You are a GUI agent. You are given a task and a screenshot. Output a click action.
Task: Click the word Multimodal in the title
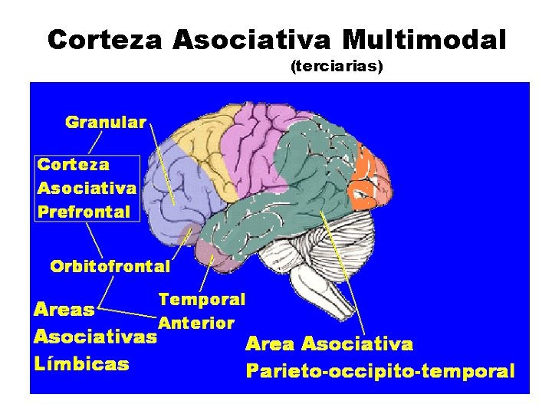pos(424,39)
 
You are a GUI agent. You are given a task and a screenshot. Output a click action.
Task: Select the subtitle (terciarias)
pos(337,67)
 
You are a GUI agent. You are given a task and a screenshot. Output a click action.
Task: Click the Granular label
pos(106,122)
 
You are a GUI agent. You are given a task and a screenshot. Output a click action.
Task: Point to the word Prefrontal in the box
pos(84,212)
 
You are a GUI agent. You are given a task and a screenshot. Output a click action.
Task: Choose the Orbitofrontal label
pos(110,266)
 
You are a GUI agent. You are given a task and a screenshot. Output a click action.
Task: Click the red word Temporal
pos(202,299)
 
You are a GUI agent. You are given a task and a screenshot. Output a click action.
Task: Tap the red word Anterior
pos(196,323)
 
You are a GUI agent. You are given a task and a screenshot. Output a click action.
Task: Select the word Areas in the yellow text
pos(64,310)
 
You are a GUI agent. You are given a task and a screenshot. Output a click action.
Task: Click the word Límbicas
pos(81,363)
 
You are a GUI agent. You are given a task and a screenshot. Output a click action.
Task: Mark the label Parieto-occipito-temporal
pos(379,371)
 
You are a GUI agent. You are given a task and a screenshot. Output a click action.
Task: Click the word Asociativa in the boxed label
pos(87,188)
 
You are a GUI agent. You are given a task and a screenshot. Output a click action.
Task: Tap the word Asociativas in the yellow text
pos(95,336)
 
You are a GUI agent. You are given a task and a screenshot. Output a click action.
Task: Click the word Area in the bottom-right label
pos(269,344)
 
